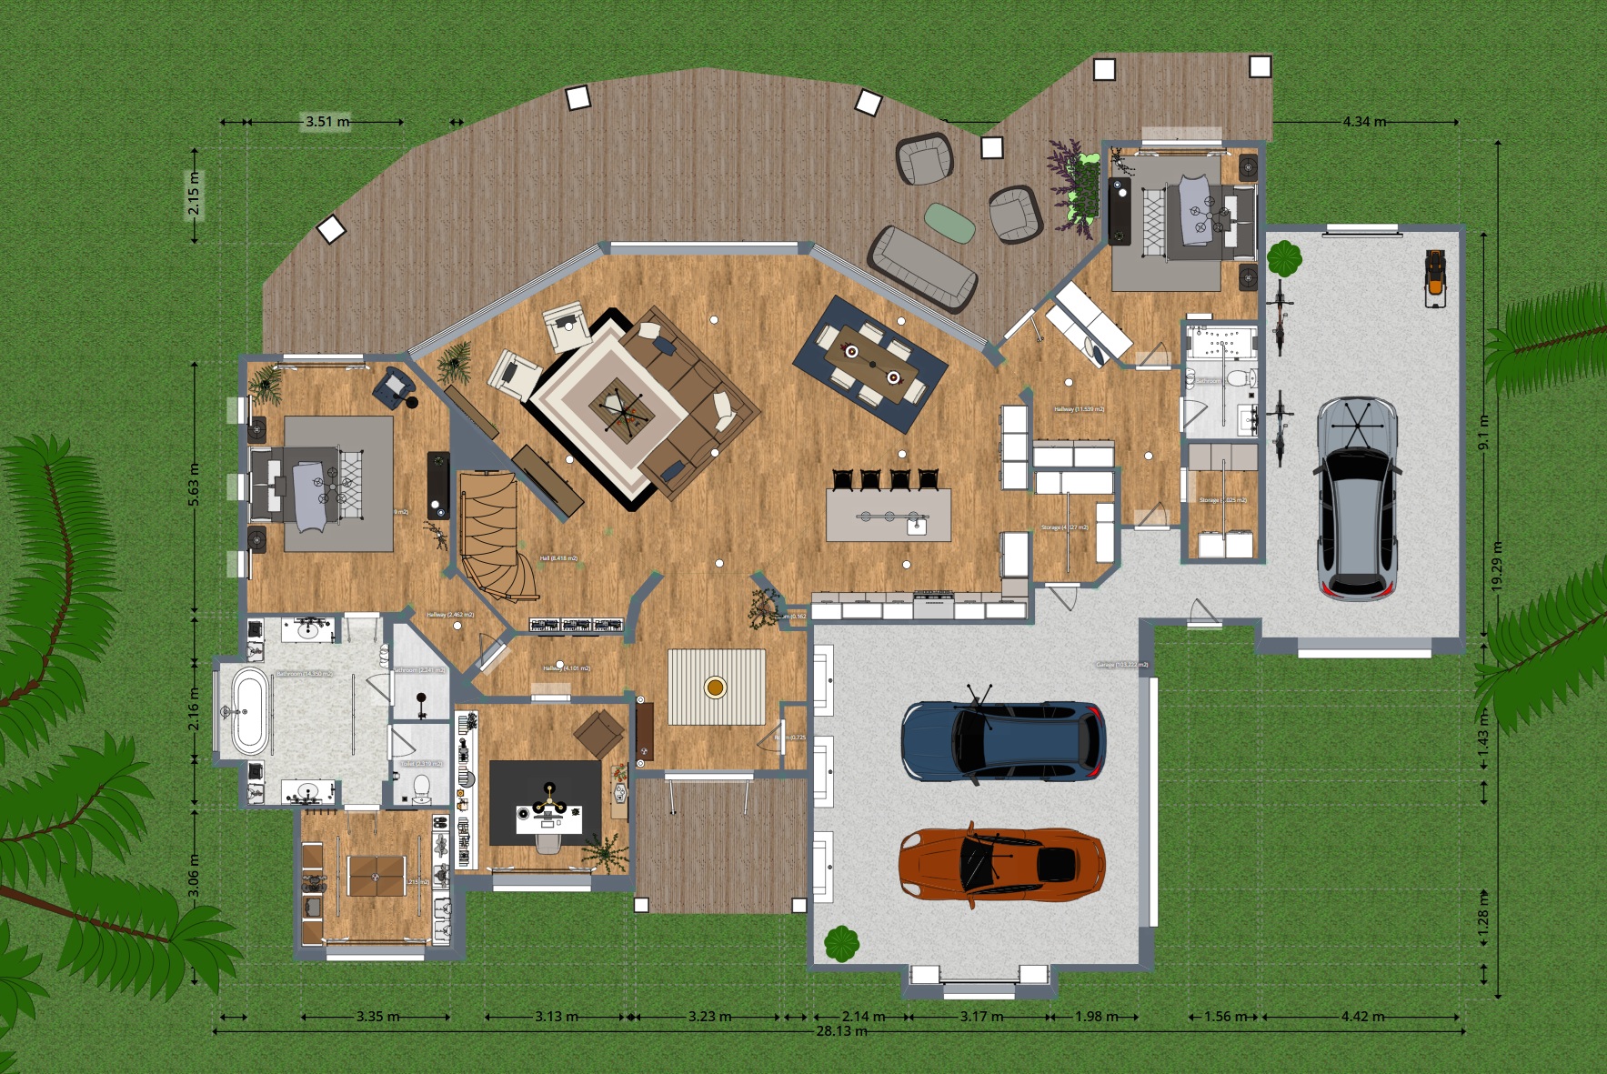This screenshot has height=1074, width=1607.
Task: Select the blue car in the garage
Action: [x=1003, y=740]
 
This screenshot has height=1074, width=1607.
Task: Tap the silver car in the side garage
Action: [x=1355, y=498]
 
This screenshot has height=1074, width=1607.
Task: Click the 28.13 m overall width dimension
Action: [x=840, y=1031]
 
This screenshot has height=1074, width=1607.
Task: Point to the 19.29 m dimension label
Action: [x=1497, y=566]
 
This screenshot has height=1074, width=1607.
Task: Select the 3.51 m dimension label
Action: [x=326, y=121]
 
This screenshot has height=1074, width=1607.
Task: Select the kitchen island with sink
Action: [x=889, y=515]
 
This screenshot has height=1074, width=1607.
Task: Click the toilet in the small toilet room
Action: [x=421, y=787]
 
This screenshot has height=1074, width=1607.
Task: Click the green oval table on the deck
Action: [x=949, y=223]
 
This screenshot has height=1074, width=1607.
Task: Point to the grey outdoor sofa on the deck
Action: [x=921, y=267]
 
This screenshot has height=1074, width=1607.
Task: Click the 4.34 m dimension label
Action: [x=1364, y=121]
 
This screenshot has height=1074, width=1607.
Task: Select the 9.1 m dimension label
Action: [x=1483, y=433]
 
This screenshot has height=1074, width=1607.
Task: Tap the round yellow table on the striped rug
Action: [x=715, y=687]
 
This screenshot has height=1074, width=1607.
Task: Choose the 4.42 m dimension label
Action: [x=1361, y=1016]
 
